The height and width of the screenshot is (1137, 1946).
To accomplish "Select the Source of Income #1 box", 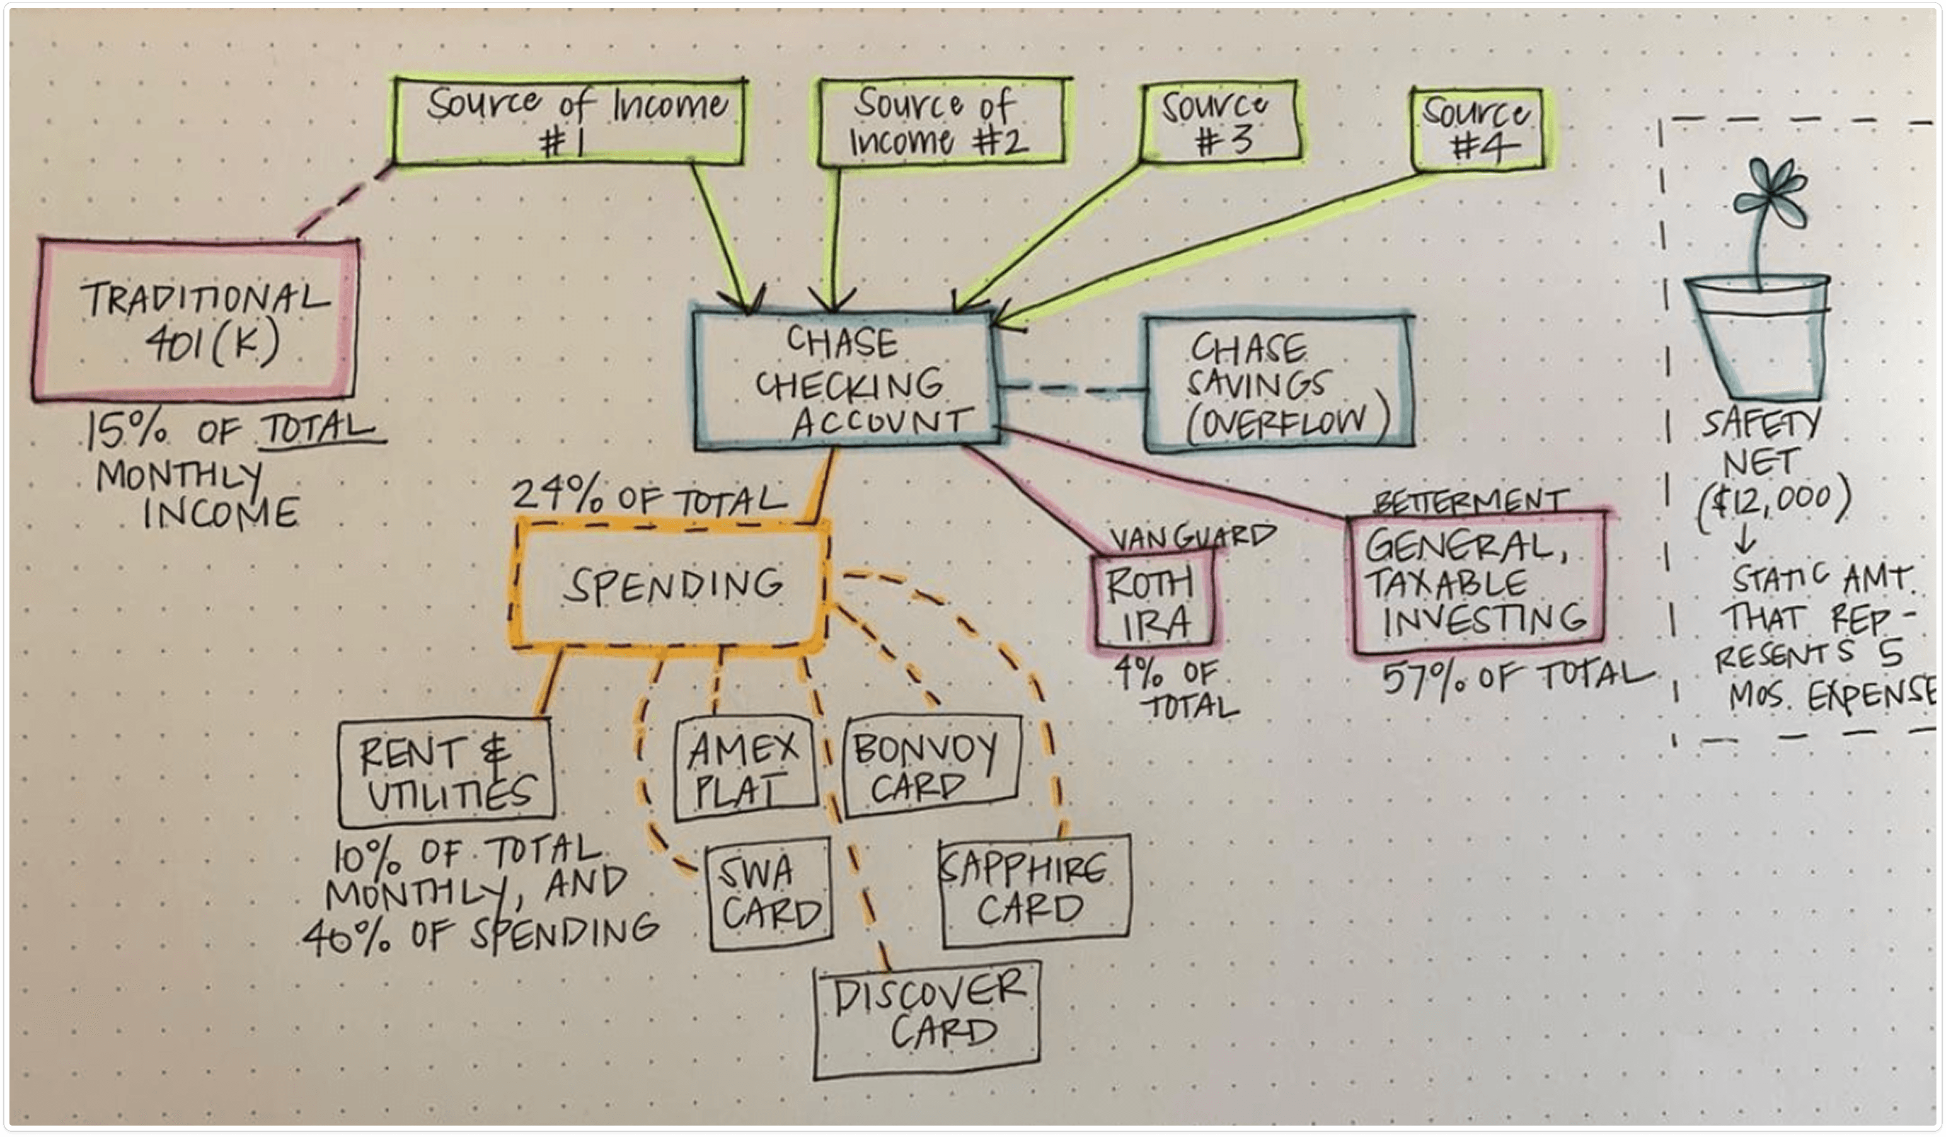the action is pyautogui.click(x=570, y=120).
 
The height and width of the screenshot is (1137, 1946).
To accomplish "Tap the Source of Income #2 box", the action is pyautogui.click(x=943, y=122).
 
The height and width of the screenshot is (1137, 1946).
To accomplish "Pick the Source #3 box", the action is pyautogui.click(x=1222, y=122).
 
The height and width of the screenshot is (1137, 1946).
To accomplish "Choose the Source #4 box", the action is pyautogui.click(x=1478, y=130).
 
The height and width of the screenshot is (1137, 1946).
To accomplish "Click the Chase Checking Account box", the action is pyautogui.click(x=845, y=381).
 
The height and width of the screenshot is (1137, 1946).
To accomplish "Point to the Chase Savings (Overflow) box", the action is pyautogui.click(x=1279, y=381).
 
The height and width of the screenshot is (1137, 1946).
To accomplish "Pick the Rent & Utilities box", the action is pyautogui.click(x=446, y=770).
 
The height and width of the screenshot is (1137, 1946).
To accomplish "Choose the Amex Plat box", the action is pyautogui.click(x=746, y=767).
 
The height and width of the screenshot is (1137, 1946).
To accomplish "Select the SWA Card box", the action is pyautogui.click(x=770, y=894).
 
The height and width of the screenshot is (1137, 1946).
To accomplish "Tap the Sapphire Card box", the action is pyautogui.click(x=1035, y=891).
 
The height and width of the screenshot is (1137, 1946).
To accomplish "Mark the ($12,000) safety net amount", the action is pyautogui.click(x=1773, y=503).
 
